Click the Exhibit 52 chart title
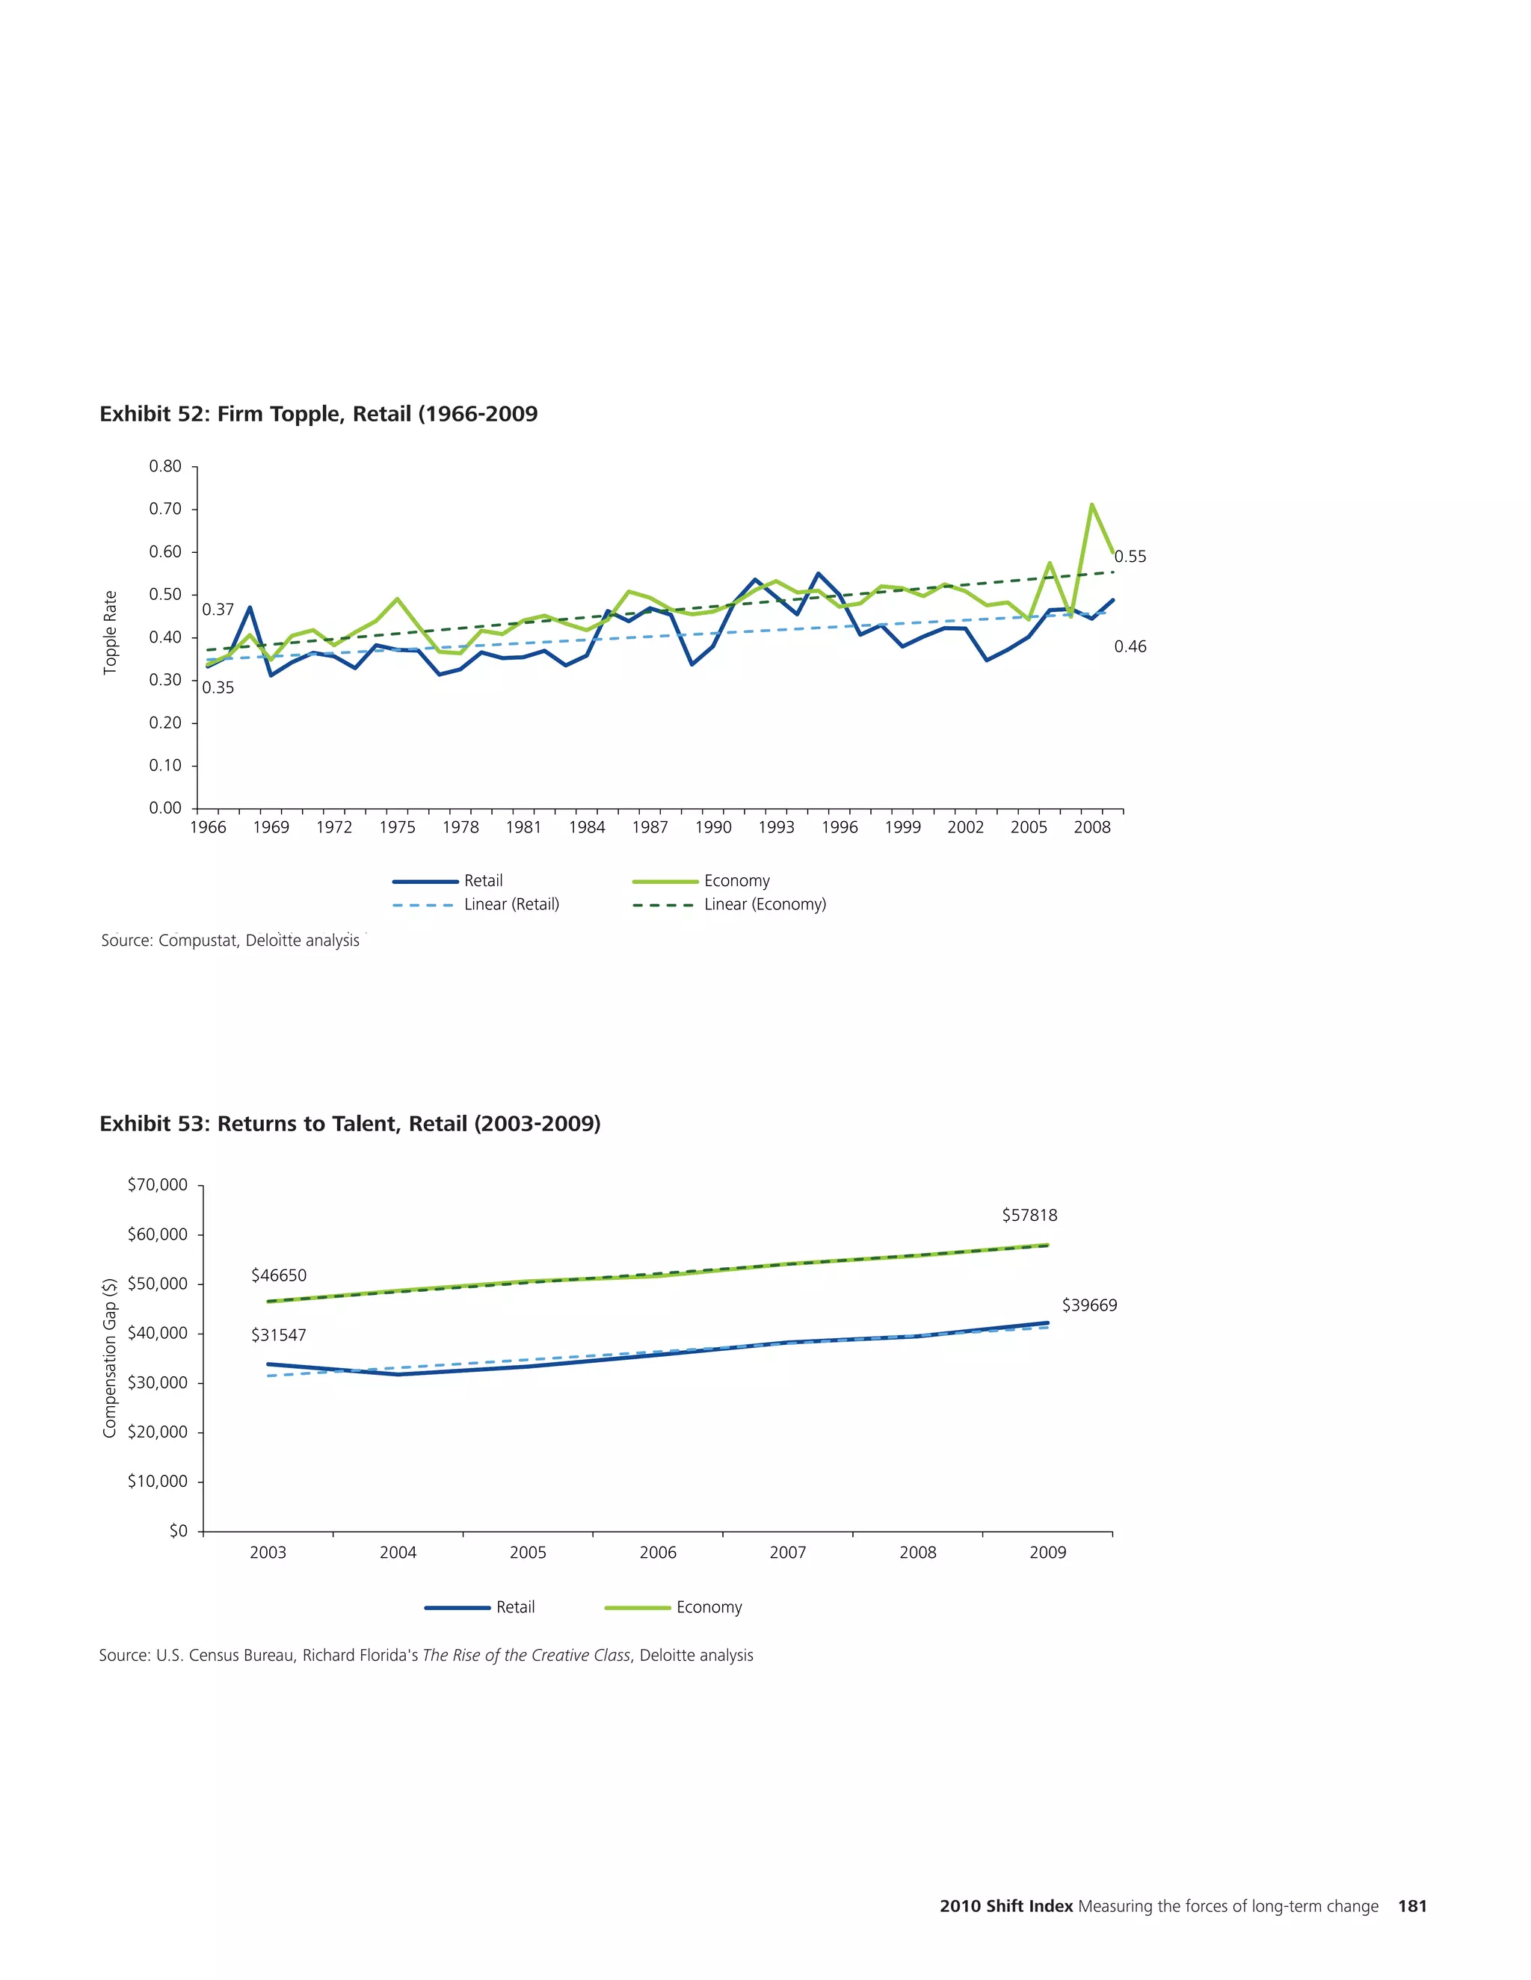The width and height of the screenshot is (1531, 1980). coord(318,415)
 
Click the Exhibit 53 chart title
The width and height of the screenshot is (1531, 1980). coord(350,1124)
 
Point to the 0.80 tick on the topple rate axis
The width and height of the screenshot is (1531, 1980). coord(165,467)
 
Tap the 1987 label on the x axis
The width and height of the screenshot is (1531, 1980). coord(650,828)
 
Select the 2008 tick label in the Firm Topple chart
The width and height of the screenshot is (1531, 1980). coord(1092,828)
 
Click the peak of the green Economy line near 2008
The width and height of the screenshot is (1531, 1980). coord(1091,505)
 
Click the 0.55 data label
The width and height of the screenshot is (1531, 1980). coord(1130,557)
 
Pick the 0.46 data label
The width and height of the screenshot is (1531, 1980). coord(1130,646)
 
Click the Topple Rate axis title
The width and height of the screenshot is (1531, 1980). coord(111,632)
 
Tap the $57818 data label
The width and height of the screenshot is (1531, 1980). coord(1029,1215)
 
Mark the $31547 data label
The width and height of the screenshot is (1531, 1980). coord(278,1335)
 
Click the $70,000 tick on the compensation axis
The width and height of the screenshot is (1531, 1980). coord(158,1185)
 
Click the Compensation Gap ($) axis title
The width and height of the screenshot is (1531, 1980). coord(110,1357)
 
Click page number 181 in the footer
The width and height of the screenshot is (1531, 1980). coord(1412,1907)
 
